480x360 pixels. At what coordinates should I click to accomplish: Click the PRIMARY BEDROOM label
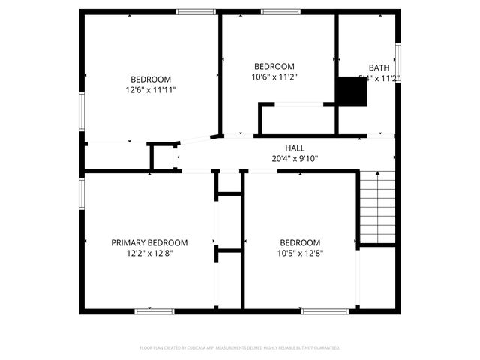149,242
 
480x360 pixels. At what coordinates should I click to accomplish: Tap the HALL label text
295,148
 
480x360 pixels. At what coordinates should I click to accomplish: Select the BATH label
379,67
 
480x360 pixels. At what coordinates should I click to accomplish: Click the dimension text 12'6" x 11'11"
151,89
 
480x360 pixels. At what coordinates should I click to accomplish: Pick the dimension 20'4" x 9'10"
295,158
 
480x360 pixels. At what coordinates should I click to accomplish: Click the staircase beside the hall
377,207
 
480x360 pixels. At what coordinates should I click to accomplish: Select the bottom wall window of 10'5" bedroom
325,310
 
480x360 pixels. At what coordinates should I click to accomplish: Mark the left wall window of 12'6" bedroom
82,111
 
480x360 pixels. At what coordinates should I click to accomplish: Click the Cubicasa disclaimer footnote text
240,348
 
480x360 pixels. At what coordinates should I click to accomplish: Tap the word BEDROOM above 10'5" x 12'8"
300,242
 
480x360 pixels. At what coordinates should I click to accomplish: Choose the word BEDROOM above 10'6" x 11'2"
274,66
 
